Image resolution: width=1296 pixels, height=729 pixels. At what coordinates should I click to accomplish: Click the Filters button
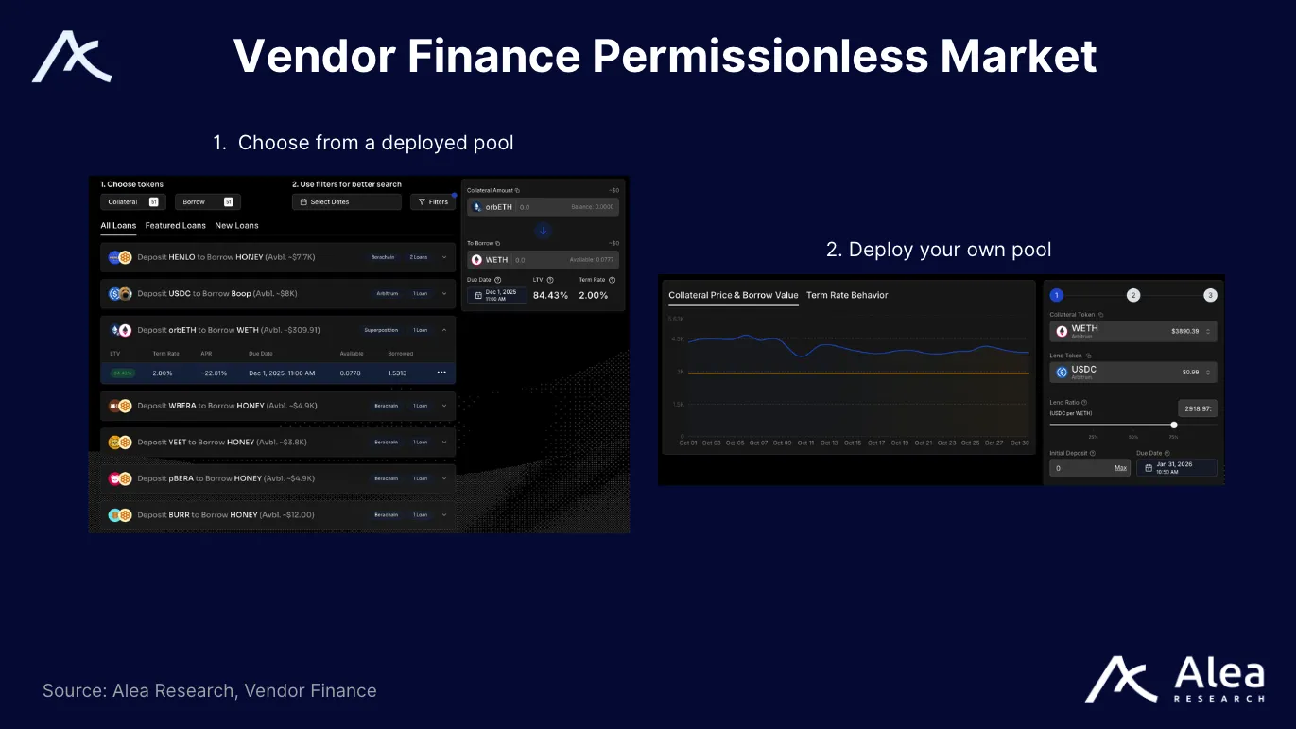[x=433, y=201]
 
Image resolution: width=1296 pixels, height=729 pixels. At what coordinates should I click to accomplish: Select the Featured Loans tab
[x=175, y=226]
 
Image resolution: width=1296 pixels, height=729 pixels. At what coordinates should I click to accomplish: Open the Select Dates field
[x=346, y=201]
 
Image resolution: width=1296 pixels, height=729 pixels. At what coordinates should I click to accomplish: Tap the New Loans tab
[x=236, y=226]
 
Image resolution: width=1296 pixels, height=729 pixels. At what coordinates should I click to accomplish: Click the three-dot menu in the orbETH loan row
[x=441, y=373]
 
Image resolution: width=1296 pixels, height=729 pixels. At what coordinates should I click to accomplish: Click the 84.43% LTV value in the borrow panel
[x=550, y=295]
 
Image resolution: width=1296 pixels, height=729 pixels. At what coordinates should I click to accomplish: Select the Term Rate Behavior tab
[x=847, y=295]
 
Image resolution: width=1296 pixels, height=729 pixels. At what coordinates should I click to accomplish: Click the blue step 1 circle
[x=1057, y=295]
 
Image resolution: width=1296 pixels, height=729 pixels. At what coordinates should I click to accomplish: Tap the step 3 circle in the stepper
[x=1210, y=295]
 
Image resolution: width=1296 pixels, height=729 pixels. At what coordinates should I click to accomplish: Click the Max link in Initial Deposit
[x=1120, y=468]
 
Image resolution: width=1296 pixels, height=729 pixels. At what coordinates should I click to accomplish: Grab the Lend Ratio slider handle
[x=1174, y=425]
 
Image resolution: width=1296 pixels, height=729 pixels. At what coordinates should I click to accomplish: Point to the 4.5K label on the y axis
[x=677, y=338]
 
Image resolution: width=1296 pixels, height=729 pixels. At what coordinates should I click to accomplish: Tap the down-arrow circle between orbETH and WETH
[x=543, y=231]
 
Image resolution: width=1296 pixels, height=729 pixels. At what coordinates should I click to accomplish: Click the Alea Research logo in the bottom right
[x=1174, y=680]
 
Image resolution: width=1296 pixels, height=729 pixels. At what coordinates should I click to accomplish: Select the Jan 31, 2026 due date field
[x=1177, y=467]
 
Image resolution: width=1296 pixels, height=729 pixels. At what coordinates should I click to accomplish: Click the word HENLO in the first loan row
[x=181, y=257]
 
